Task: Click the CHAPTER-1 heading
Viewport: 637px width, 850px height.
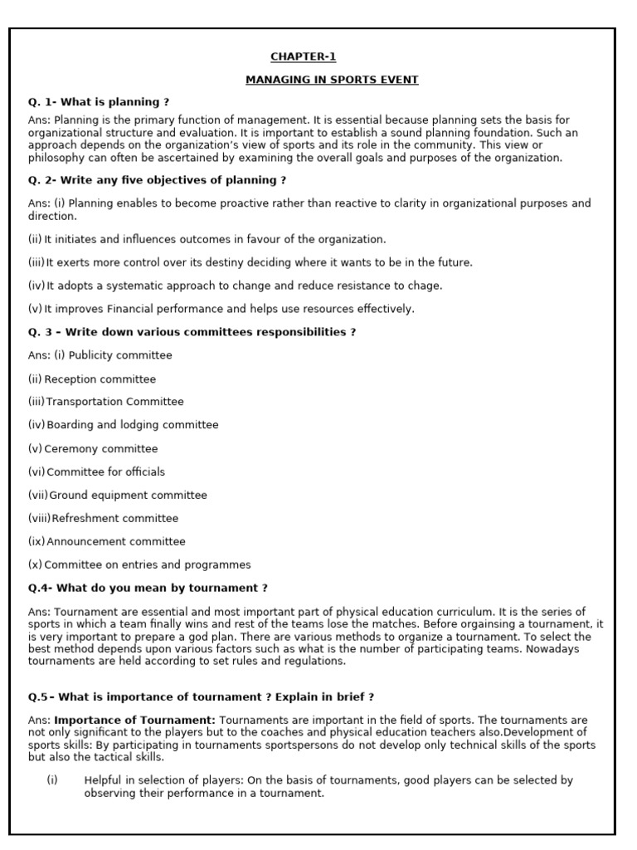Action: click(x=304, y=56)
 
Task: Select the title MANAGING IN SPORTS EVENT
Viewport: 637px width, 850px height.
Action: click(x=332, y=80)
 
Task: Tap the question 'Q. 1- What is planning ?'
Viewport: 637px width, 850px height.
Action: click(x=99, y=102)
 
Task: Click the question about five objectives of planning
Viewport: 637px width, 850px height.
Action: click(x=158, y=180)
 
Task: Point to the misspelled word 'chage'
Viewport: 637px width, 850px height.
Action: click(x=425, y=286)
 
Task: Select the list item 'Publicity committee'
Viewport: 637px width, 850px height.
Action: click(x=120, y=355)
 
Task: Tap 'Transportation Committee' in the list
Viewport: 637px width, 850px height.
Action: click(x=115, y=402)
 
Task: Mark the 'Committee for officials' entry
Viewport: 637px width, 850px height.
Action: click(x=106, y=472)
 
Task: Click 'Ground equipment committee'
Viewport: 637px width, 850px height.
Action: click(x=128, y=496)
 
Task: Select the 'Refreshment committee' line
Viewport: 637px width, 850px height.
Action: click(x=115, y=519)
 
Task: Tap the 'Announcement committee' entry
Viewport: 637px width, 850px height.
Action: click(x=116, y=542)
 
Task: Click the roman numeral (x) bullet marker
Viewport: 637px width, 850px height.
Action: click(x=35, y=565)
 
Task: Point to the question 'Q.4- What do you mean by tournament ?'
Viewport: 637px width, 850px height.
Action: click(x=148, y=589)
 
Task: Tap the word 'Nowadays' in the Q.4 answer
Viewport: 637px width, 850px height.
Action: click(x=552, y=650)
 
